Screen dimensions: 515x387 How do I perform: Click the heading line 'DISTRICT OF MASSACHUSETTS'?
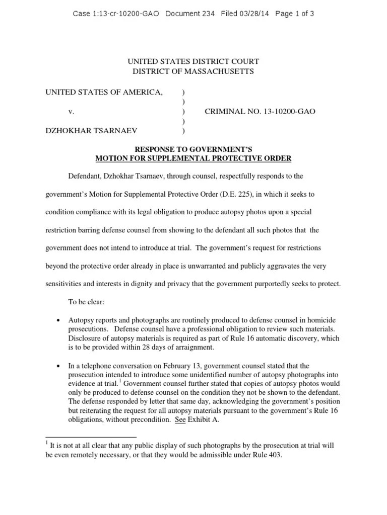click(x=193, y=71)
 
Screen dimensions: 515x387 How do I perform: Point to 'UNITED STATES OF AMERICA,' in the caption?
click(x=104, y=92)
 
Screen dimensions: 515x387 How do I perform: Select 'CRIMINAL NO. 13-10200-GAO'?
click(x=260, y=111)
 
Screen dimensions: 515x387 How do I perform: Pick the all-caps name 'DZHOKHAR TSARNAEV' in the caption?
click(x=91, y=131)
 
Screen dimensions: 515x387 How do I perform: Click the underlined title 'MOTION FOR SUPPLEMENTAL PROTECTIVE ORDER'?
click(x=193, y=158)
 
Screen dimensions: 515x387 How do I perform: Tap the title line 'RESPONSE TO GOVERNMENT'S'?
click(x=193, y=150)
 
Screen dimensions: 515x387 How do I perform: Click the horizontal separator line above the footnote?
click(x=91, y=437)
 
